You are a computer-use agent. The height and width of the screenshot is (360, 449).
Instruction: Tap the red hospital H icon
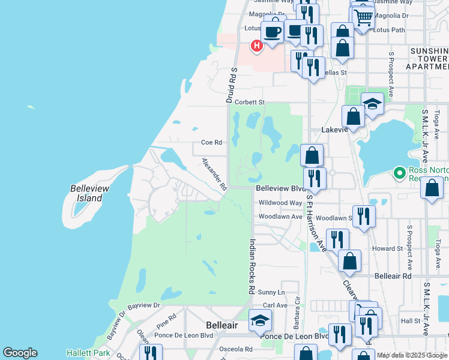click(x=257, y=46)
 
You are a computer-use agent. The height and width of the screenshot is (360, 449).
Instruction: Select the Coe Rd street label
click(x=211, y=143)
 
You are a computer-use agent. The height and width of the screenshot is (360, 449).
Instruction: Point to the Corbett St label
click(x=250, y=103)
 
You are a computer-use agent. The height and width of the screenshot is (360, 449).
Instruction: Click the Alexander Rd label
click(x=214, y=175)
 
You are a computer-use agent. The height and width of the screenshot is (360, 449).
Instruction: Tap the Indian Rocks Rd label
click(x=252, y=266)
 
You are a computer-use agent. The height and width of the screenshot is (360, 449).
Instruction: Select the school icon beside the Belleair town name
click(x=260, y=321)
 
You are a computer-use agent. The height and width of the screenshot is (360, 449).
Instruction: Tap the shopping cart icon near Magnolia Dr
click(x=362, y=17)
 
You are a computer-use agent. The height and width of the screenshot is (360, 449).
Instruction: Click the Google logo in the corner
click(x=20, y=353)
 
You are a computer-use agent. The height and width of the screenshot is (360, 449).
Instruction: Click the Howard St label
click(x=387, y=248)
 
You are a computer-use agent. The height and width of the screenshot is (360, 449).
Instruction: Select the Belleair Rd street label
click(x=393, y=277)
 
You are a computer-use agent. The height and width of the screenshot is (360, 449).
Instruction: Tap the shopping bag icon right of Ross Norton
click(x=432, y=188)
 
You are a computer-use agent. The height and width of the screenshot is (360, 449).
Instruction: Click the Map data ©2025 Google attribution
click(x=412, y=355)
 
